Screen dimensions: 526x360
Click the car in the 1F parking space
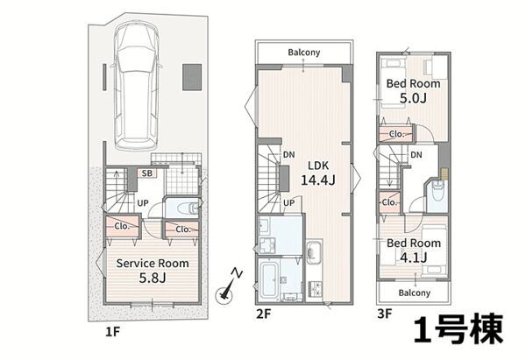[x=137, y=87]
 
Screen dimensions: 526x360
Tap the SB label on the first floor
[x=147, y=173]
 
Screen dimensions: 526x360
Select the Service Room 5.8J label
[x=153, y=271]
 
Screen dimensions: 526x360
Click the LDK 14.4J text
[x=318, y=173]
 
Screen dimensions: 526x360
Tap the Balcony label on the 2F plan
[x=304, y=53]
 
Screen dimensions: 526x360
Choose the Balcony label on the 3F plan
[x=415, y=293]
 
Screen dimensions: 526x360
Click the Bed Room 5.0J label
[x=413, y=90]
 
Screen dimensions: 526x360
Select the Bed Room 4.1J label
[x=414, y=250]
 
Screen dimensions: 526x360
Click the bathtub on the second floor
[x=269, y=280]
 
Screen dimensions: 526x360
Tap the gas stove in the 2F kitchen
[x=315, y=288]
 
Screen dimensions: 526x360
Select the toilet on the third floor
[x=437, y=191]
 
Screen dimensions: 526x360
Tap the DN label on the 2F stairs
[x=288, y=155]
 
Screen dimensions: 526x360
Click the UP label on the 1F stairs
[x=143, y=203]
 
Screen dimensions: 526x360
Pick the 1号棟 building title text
[x=458, y=329]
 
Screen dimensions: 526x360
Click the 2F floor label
[x=263, y=314]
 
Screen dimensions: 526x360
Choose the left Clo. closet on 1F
[x=123, y=227]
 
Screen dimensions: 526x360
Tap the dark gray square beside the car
[x=192, y=77]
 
